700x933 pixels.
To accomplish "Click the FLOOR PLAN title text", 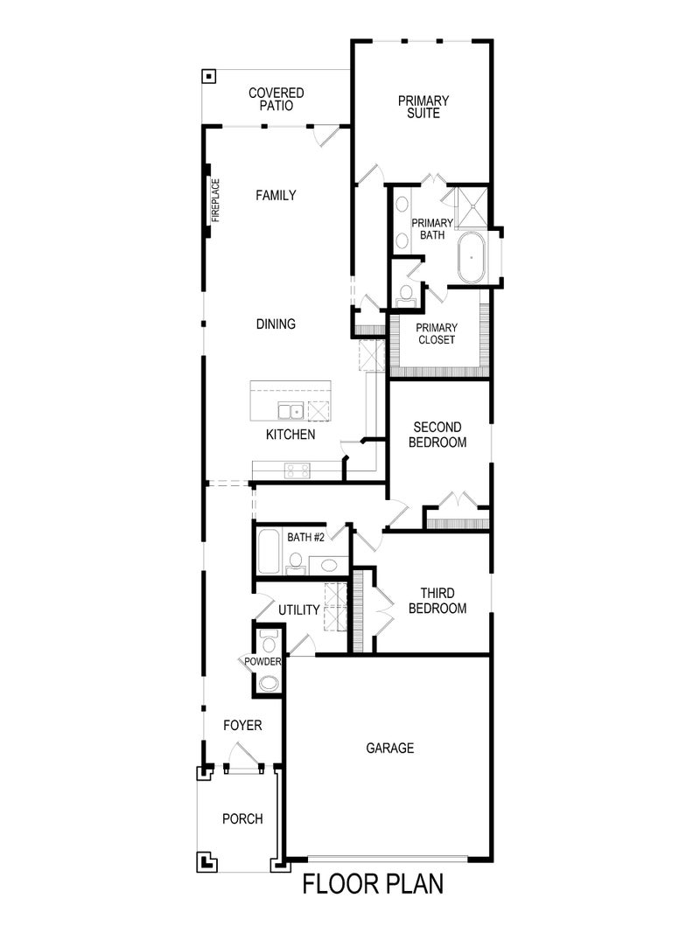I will point(373,884).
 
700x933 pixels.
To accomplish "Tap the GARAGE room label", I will point(389,748).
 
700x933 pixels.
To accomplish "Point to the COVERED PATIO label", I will point(276,99).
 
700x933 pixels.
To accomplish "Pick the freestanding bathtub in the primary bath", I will point(472,258).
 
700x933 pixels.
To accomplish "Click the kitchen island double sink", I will point(290,410).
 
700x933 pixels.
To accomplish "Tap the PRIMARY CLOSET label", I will point(437,334).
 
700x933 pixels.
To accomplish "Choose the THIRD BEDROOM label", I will point(437,601).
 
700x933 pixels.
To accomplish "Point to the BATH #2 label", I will point(305,536).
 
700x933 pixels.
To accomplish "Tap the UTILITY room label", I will point(299,609).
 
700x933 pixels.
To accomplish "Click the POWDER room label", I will point(262,662).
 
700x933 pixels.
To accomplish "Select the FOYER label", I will point(242,726).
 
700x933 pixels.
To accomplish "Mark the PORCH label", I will point(242,819).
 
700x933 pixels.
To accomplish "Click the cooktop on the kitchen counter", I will point(296,470).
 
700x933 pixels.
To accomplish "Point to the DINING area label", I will point(276,324).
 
